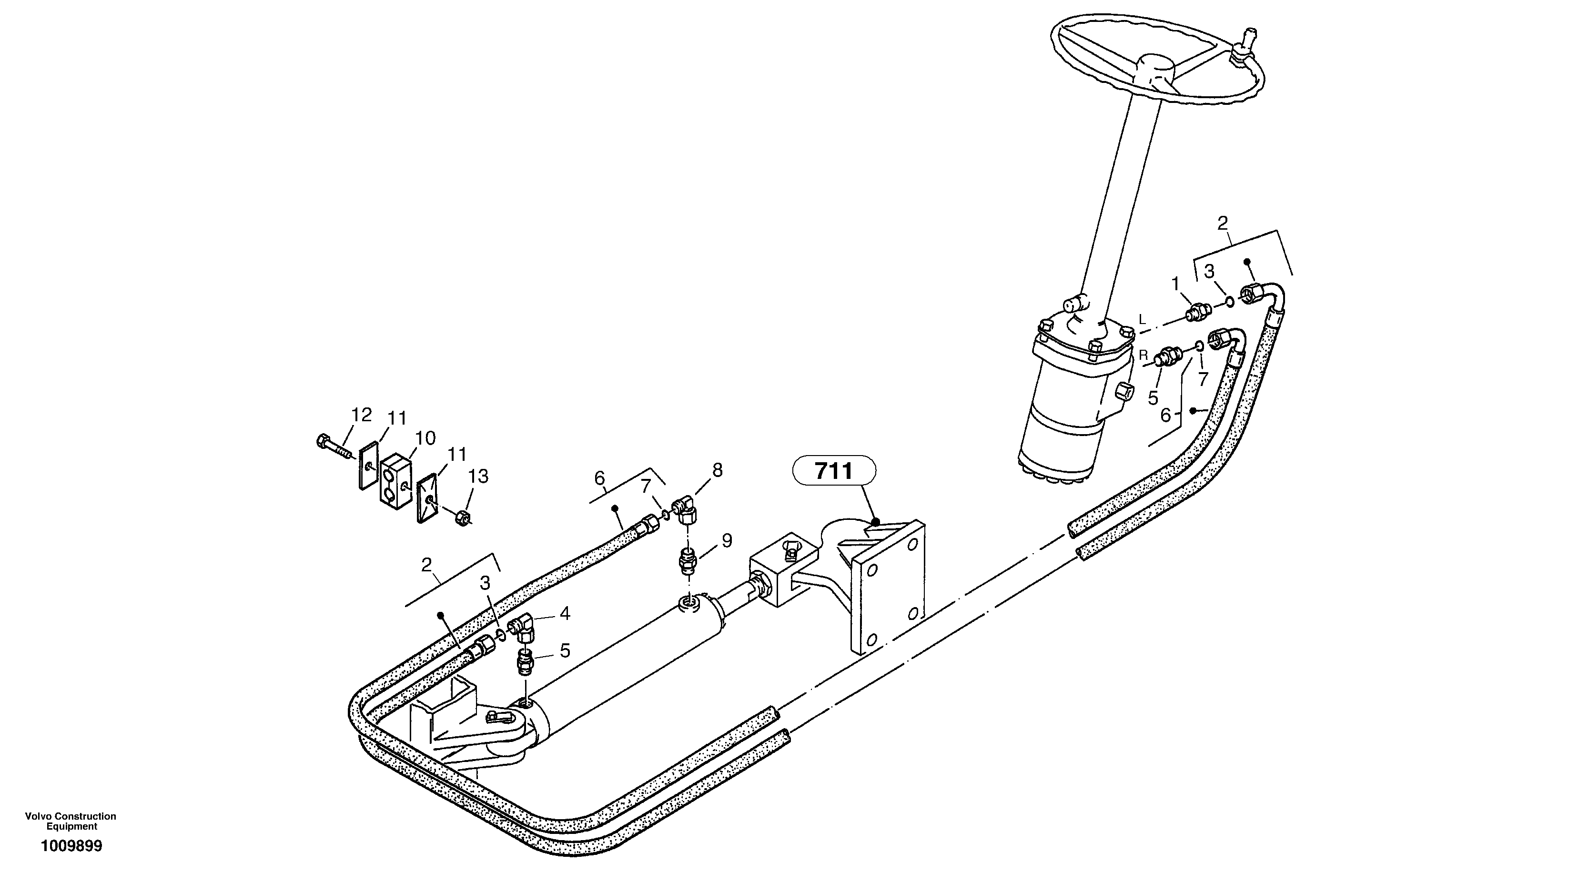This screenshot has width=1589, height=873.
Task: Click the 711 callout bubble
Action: click(x=834, y=472)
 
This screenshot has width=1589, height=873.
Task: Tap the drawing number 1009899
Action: click(x=71, y=846)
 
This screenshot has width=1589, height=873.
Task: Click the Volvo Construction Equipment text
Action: click(x=71, y=821)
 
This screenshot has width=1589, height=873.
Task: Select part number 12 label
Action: click(x=362, y=415)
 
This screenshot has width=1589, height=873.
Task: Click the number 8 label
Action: click(x=717, y=470)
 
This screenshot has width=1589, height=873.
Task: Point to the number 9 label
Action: click(x=727, y=541)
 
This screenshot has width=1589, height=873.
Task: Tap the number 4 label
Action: click(x=565, y=614)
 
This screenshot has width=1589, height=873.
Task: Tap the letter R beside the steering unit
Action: click(x=1143, y=355)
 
